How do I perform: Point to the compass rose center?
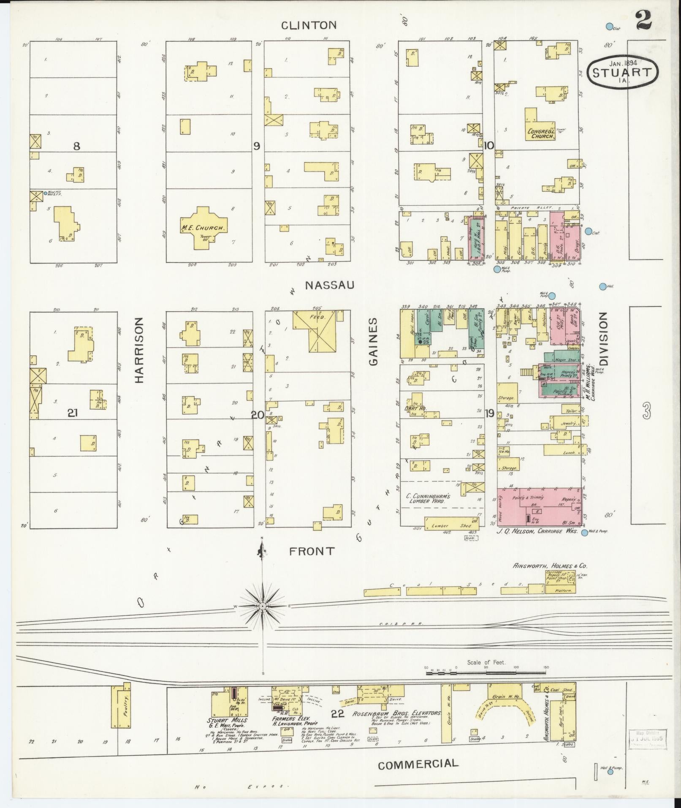[x=262, y=607]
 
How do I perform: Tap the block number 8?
[x=76, y=146]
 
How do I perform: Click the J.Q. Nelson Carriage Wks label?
[x=537, y=531]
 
